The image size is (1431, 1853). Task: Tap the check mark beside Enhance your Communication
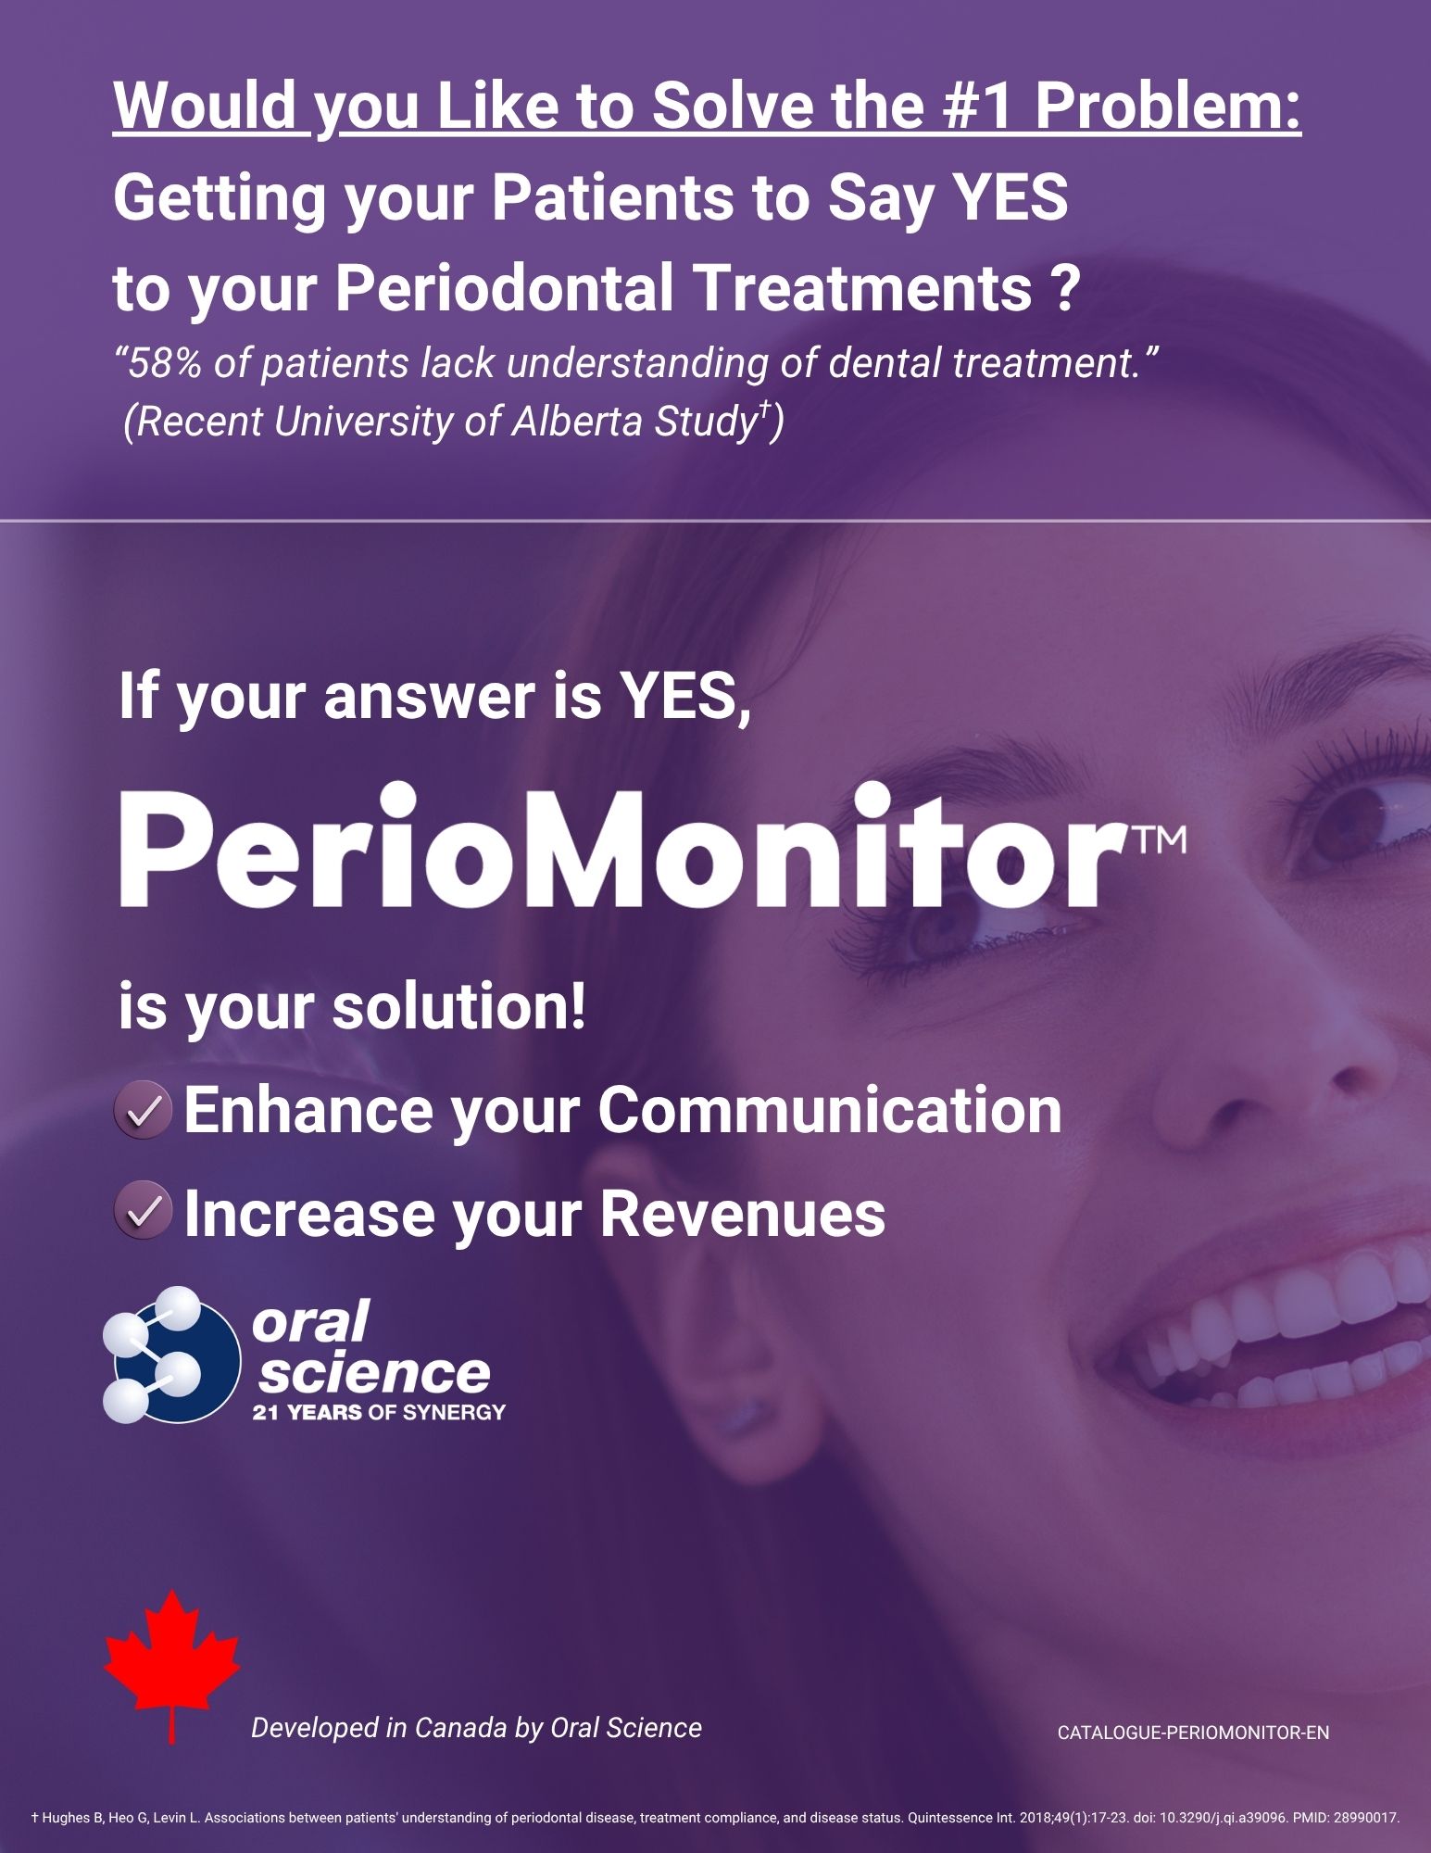(x=143, y=1111)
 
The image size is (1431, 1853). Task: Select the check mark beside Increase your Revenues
(x=143, y=1212)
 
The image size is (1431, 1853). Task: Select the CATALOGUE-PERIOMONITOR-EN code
(x=1193, y=1732)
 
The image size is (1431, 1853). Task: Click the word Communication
(x=829, y=1110)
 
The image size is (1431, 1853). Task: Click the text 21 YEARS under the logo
(x=307, y=1413)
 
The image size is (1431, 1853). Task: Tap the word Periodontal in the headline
(x=505, y=288)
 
